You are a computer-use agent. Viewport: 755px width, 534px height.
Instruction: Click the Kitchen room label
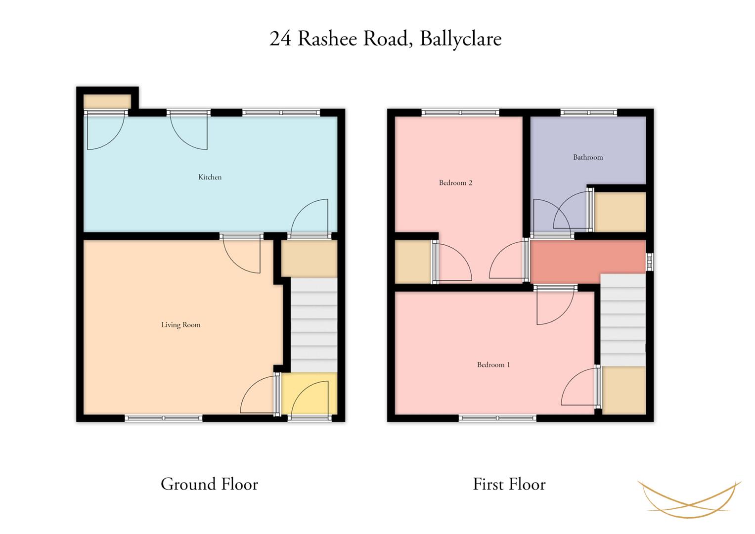point(210,177)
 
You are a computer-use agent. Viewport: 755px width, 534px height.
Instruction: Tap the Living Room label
point(180,325)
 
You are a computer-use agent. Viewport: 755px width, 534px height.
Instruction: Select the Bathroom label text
point(588,157)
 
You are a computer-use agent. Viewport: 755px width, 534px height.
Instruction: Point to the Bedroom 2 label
point(455,183)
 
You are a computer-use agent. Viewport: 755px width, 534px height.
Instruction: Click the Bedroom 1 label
point(493,364)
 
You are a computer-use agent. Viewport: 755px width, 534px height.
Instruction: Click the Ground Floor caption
point(209,484)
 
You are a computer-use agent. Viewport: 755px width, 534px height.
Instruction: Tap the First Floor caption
point(509,484)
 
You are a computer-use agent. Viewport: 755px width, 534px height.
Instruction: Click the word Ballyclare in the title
point(461,39)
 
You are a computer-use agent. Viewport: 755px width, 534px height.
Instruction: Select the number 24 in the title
point(280,39)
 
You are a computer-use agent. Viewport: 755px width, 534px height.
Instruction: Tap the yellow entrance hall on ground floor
point(309,393)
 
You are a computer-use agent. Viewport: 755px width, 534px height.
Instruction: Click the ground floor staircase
point(314,325)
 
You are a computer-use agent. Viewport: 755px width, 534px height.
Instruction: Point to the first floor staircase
point(623,320)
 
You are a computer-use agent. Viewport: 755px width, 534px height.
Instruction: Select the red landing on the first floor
point(588,262)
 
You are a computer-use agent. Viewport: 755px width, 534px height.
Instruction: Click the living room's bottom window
point(164,418)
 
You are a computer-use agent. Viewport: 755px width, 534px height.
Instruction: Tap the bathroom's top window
point(588,113)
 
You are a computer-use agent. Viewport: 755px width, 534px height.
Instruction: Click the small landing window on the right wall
point(650,262)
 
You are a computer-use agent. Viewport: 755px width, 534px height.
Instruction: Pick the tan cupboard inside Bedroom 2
point(413,262)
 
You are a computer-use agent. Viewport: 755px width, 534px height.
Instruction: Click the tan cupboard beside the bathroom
point(620,212)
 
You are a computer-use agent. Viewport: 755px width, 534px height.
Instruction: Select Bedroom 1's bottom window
point(497,418)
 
